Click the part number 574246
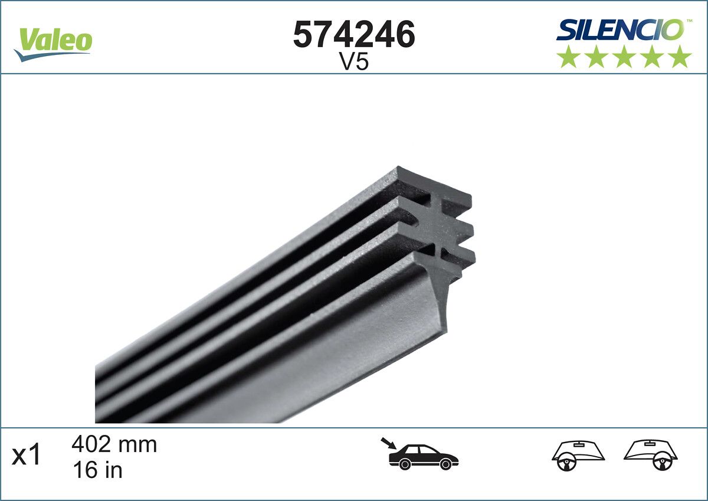click(354, 35)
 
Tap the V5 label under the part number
click(354, 63)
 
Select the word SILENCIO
click(620, 30)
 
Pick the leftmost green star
click(568, 57)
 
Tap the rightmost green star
click(680, 57)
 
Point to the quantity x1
click(27, 456)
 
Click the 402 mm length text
click(114, 444)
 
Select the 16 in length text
click(97, 470)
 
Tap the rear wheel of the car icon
click(405, 464)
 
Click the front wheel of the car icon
click(446, 464)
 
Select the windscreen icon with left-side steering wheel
click(578, 455)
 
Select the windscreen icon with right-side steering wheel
click(651, 455)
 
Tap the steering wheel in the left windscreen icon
click(565, 462)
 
